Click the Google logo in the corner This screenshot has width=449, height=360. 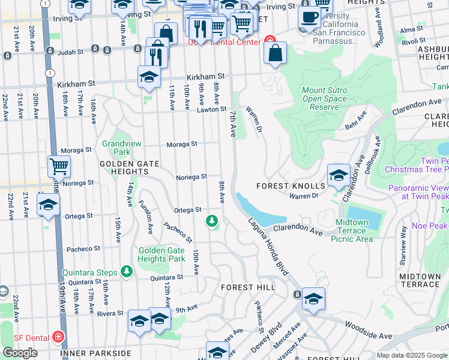(20, 353)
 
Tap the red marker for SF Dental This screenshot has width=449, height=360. (58, 337)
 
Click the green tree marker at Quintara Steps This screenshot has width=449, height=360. (126, 272)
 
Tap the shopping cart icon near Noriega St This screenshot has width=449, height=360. (59, 166)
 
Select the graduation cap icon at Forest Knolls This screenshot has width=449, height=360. (339, 175)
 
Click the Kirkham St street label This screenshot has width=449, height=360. (205, 77)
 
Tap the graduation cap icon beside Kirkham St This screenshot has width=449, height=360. (149, 77)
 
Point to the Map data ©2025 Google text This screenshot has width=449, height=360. (411, 355)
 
